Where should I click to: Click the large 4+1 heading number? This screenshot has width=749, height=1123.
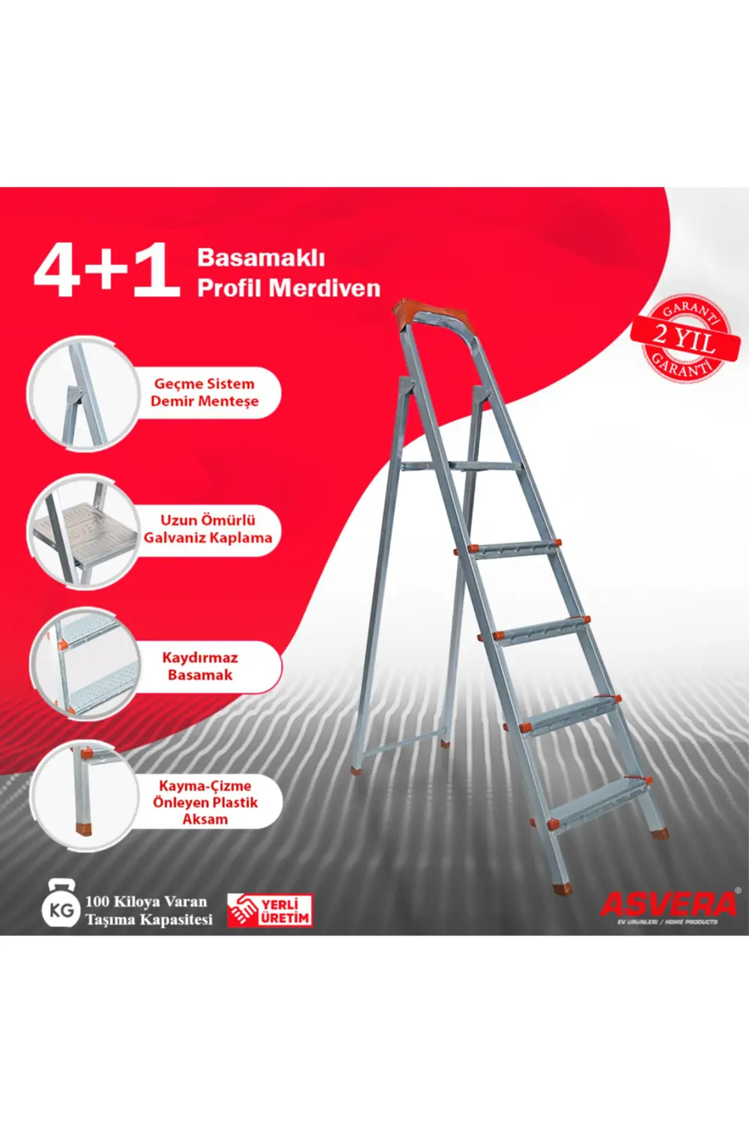coord(106,271)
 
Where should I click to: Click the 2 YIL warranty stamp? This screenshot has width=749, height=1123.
coord(683,339)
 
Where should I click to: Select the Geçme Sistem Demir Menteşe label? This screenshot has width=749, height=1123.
coord(204,392)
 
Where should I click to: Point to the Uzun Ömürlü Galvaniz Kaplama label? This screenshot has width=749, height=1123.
coord(207,529)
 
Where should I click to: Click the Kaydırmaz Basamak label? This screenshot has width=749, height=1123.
coord(200,666)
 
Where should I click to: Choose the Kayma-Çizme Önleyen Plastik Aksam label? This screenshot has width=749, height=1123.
coord(205,802)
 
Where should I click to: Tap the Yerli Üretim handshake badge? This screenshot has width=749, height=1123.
coord(270,910)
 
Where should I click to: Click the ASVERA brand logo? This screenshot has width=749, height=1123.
coord(669,904)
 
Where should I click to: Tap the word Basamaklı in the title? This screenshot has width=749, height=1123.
coord(261,258)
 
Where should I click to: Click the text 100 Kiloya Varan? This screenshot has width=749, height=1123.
coord(146,901)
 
